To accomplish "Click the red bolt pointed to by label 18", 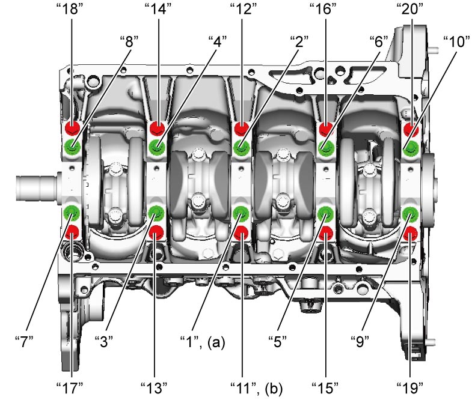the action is point(72,127).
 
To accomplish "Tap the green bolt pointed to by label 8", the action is point(72,147).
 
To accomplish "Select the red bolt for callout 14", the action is point(158,128).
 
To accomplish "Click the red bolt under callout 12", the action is point(242,129).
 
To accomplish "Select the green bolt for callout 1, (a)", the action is point(241,214).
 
